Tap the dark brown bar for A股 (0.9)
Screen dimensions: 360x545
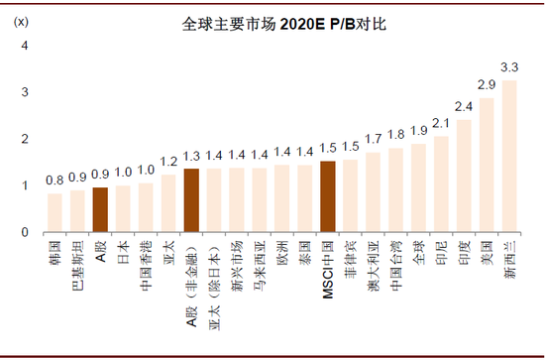(x=100, y=209)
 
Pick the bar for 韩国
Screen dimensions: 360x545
(x=54, y=212)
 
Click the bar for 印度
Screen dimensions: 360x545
(x=464, y=176)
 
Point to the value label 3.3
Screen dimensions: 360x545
(x=510, y=67)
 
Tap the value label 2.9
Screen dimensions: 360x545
(x=487, y=85)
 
